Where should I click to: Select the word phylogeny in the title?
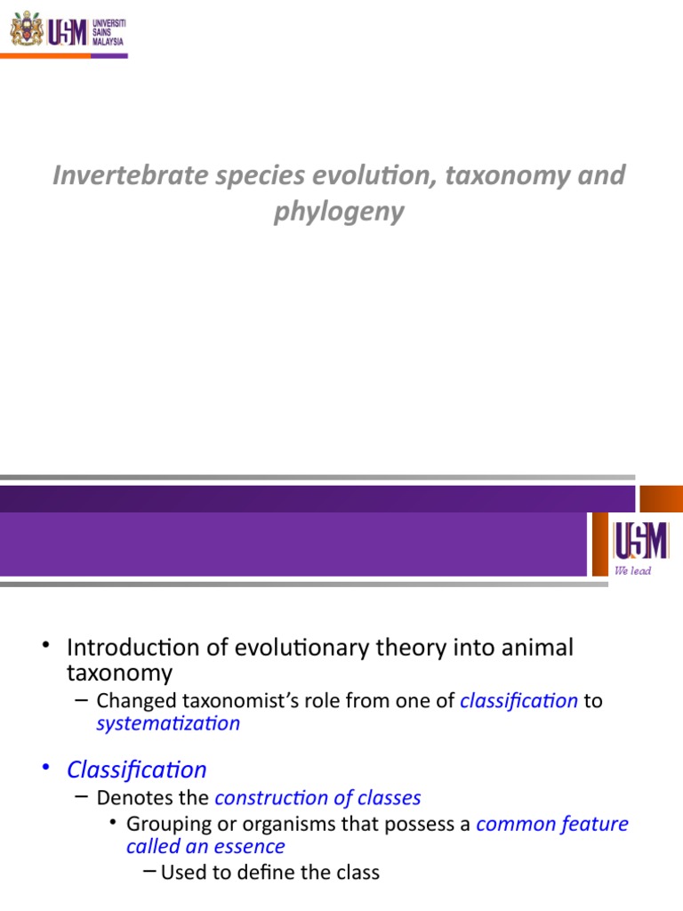339,213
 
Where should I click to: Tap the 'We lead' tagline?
633,571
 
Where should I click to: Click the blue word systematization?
168,723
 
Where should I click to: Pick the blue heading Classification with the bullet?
137,770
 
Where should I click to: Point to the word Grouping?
169,824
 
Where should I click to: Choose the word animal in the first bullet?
540,648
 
